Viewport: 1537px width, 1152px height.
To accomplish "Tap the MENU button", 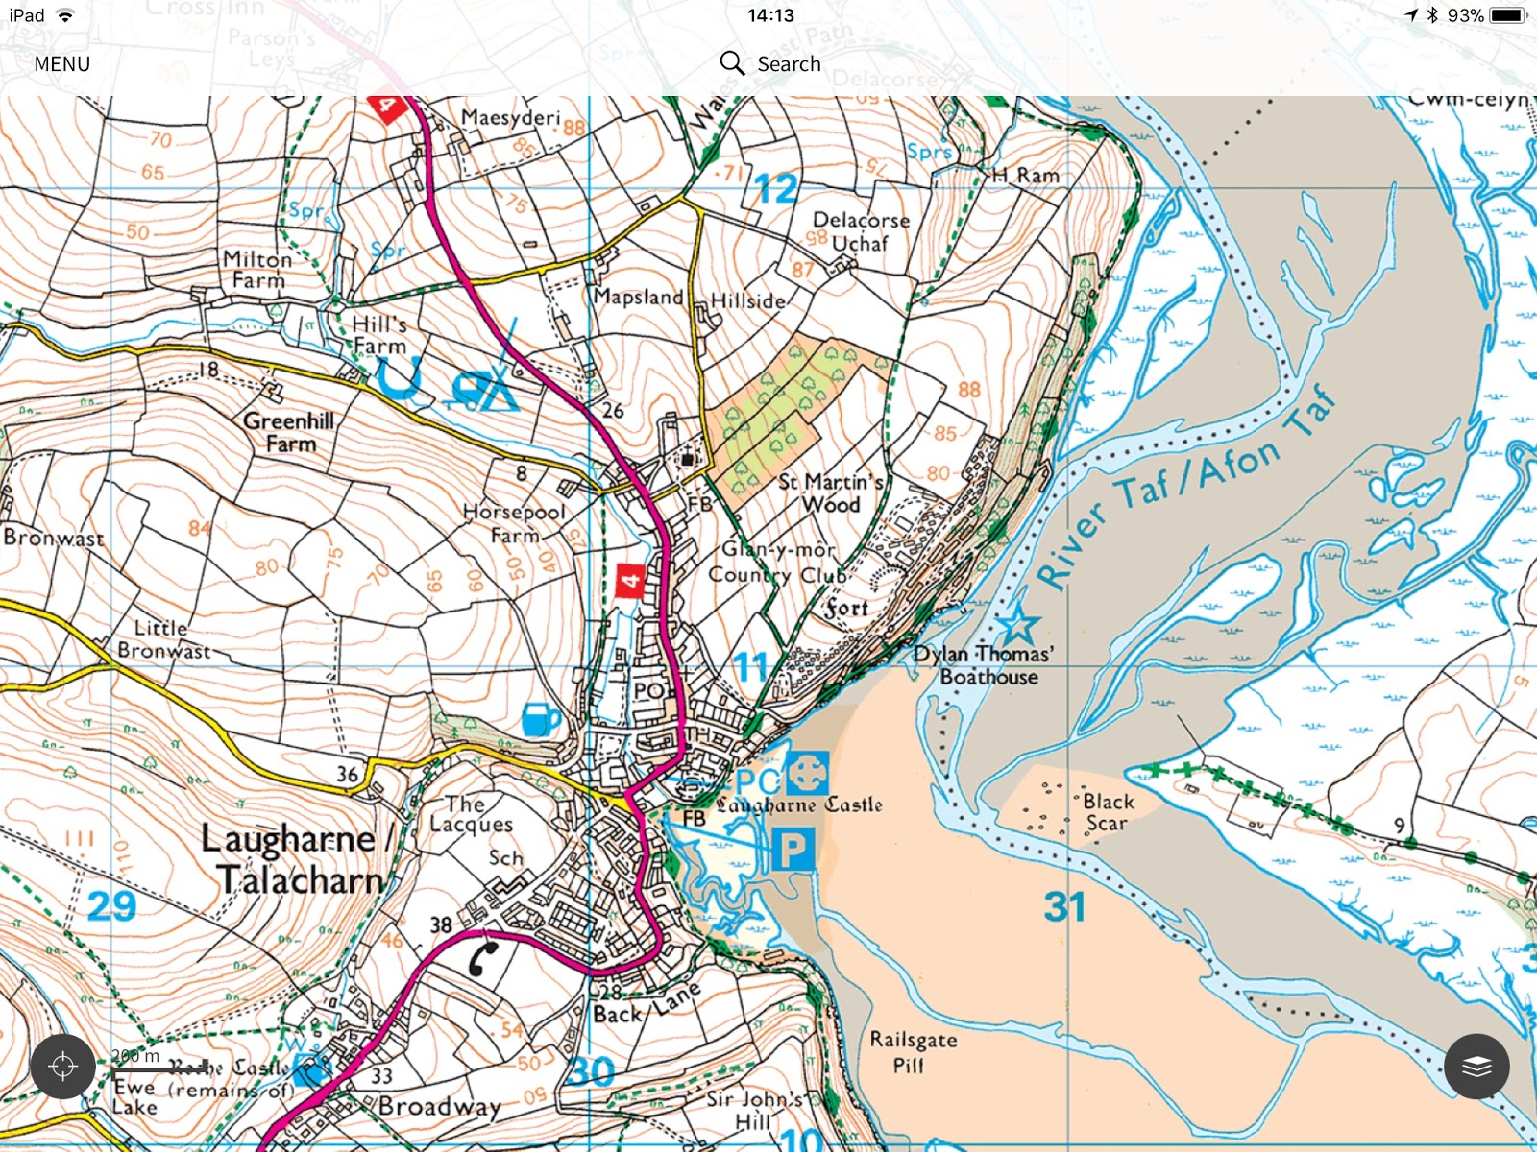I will pyautogui.click(x=62, y=64).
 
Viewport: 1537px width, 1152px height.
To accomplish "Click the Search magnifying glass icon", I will pyautogui.click(x=732, y=63).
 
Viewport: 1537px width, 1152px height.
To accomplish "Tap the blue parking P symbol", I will pyautogui.click(x=793, y=850).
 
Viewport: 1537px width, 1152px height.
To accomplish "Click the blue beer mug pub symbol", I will pyautogui.click(x=540, y=718).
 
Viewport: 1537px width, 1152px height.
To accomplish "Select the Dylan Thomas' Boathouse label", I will pyautogui.click(x=985, y=665).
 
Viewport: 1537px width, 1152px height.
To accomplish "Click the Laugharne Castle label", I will pyautogui.click(x=799, y=804).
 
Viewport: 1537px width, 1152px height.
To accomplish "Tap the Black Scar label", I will pyautogui.click(x=1108, y=812).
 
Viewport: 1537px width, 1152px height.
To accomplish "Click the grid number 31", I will pyautogui.click(x=1064, y=907).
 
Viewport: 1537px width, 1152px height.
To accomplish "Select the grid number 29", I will pyautogui.click(x=111, y=906).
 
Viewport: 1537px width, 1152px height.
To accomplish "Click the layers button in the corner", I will pyautogui.click(x=1476, y=1066).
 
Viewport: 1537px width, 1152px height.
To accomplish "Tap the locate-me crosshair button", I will pyautogui.click(x=62, y=1066).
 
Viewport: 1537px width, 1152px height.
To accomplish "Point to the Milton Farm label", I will pyautogui.click(x=257, y=271).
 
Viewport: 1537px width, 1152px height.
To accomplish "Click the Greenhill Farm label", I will pyautogui.click(x=289, y=432).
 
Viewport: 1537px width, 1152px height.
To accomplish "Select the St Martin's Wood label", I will pyautogui.click(x=831, y=492).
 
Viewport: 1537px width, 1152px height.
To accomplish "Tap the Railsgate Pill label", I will pyautogui.click(x=913, y=1051).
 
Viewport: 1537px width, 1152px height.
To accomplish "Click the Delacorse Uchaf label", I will pyautogui.click(x=861, y=231).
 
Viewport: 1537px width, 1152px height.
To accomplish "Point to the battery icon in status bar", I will pyautogui.click(x=1506, y=15).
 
